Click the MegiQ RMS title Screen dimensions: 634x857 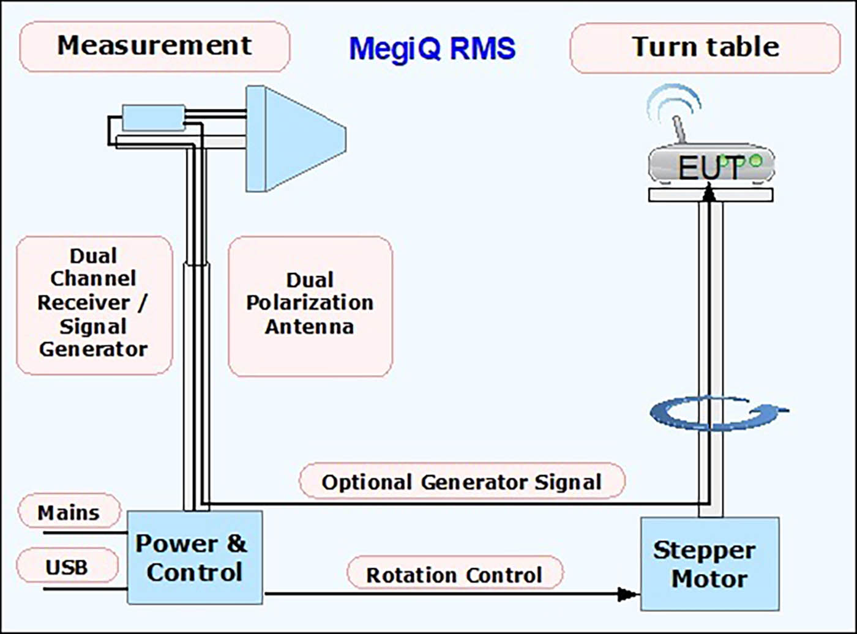(432, 49)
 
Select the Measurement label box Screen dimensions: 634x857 (154, 47)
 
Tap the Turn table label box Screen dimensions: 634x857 (705, 48)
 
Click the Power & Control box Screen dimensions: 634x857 (195, 558)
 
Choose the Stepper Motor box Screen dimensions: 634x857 (709, 564)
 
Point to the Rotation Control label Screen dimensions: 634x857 (454, 575)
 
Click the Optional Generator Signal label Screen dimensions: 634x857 (462, 482)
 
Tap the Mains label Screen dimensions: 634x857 (69, 512)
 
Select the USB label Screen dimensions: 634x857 (67, 566)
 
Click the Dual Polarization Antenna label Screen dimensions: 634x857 (310, 304)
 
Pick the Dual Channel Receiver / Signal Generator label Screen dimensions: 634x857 (94, 304)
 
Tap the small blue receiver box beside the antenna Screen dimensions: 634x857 (153, 117)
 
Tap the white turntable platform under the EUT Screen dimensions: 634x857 (710, 195)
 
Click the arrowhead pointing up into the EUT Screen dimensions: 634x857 (709, 191)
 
